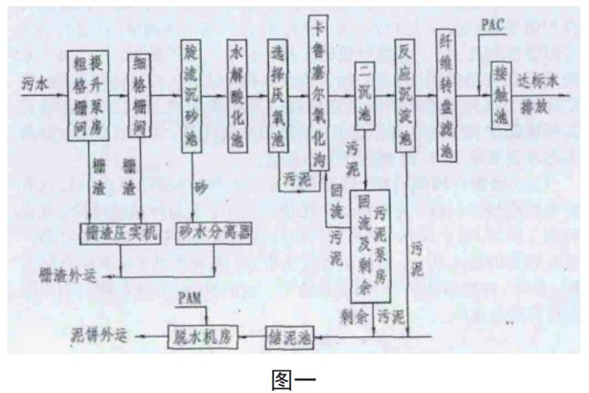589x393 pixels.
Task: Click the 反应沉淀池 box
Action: click(406, 94)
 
